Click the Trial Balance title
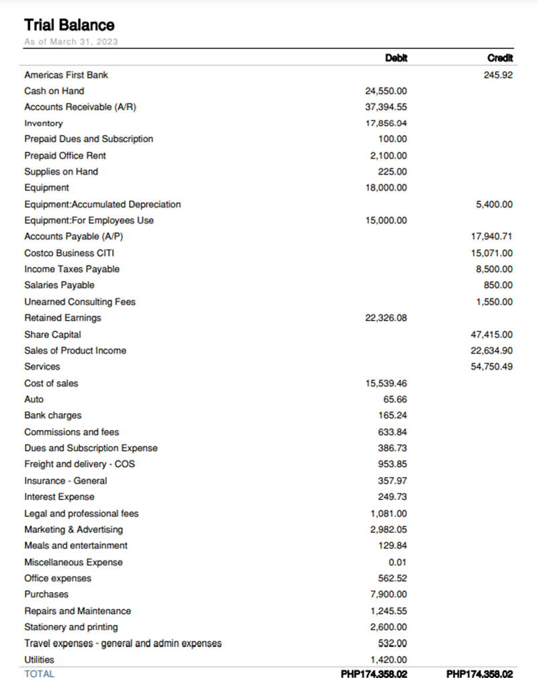click(69, 26)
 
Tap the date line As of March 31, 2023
click(71, 42)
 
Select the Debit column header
click(396, 58)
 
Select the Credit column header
click(501, 58)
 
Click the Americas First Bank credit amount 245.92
click(498, 75)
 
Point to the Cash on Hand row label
click(54, 91)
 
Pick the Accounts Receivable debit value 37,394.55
click(386, 107)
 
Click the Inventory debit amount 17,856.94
click(386, 123)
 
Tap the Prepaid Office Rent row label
click(65, 155)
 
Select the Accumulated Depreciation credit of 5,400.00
click(494, 204)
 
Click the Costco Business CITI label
click(64, 253)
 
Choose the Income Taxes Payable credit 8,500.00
click(494, 269)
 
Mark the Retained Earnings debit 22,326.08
click(386, 318)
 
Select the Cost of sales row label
click(51, 383)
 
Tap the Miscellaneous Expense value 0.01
click(398, 562)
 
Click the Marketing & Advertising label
click(74, 529)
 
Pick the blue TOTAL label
click(40, 674)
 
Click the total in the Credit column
click(480, 674)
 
